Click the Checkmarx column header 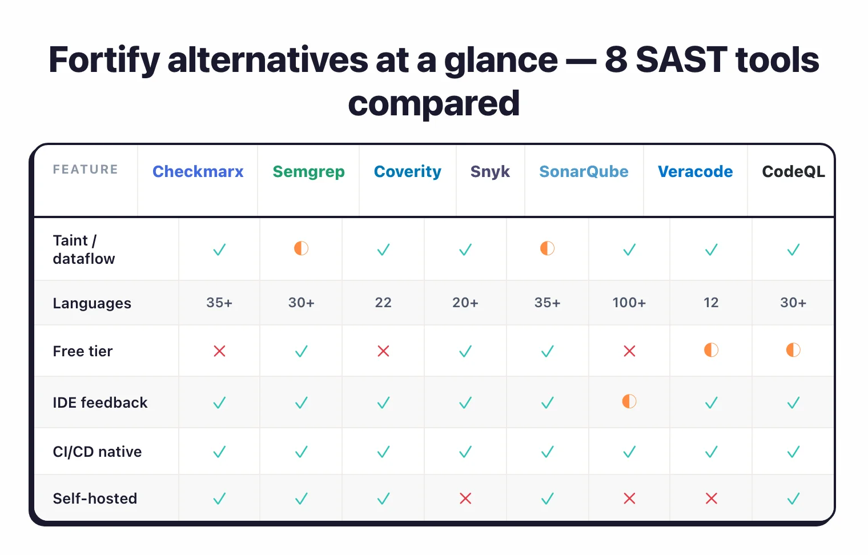(x=198, y=172)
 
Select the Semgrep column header (x=308, y=172)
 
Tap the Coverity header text (x=407, y=172)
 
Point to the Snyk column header (x=490, y=172)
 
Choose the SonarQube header (x=584, y=172)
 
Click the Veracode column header (x=695, y=172)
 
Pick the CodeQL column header (x=793, y=172)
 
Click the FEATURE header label (x=86, y=170)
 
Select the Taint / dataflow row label (x=83, y=250)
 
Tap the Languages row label (x=92, y=303)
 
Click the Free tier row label (x=83, y=351)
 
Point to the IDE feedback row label (x=100, y=403)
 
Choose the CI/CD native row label (x=97, y=452)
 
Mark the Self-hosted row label (x=95, y=498)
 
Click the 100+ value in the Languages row (x=629, y=303)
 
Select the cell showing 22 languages (x=383, y=303)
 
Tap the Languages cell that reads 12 (x=711, y=303)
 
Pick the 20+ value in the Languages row (x=465, y=303)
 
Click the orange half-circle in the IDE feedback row (x=629, y=401)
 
